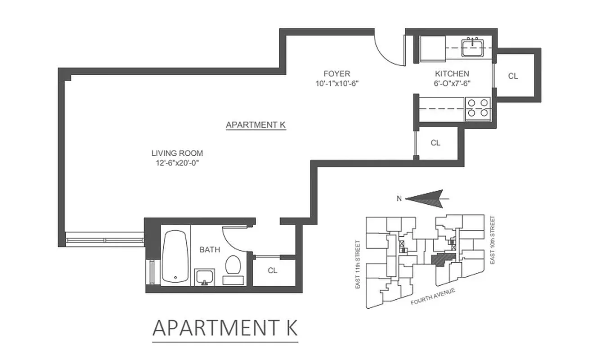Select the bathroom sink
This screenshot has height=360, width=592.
(205, 276)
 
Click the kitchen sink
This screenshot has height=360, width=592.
(472, 47)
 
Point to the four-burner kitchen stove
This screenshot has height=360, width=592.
(478, 108)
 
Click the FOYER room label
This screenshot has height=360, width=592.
(336, 74)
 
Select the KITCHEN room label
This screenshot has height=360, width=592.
(452, 74)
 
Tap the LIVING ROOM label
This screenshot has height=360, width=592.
(177, 153)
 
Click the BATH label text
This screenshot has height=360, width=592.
(210, 250)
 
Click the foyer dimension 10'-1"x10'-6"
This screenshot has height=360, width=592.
(336, 83)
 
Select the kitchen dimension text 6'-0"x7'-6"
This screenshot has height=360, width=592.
(452, 83)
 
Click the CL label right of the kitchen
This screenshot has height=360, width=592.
(513, 76)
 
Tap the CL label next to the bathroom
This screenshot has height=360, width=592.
(272, 270)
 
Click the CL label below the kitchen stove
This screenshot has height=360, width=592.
(435, 143)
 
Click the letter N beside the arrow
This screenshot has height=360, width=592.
(399, 198)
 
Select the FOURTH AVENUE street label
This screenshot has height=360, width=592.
(433, 297)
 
